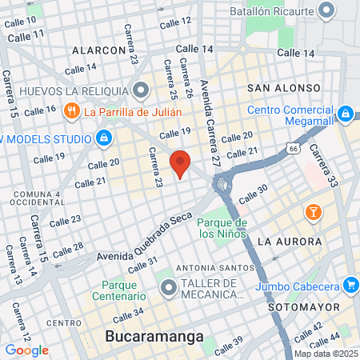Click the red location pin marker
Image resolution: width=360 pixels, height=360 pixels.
pos(180,164)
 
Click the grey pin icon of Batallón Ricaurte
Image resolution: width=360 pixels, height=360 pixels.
pos(326,10)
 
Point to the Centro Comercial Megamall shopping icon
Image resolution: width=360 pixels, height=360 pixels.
pos(346,114)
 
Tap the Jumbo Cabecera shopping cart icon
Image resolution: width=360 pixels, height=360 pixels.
pos(350,284)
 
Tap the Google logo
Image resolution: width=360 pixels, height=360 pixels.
pos(26,350)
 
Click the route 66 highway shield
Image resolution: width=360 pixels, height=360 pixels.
pos(294,149)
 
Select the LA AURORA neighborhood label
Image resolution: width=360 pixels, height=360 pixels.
pos(290,241)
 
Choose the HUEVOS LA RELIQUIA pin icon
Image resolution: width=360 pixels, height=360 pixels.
pos(142,90)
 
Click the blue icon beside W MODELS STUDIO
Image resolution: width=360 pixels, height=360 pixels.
pos(103,138)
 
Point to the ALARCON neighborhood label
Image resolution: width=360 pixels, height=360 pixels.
pos(99,50)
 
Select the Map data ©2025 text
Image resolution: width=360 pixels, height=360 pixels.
pos(325,353)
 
